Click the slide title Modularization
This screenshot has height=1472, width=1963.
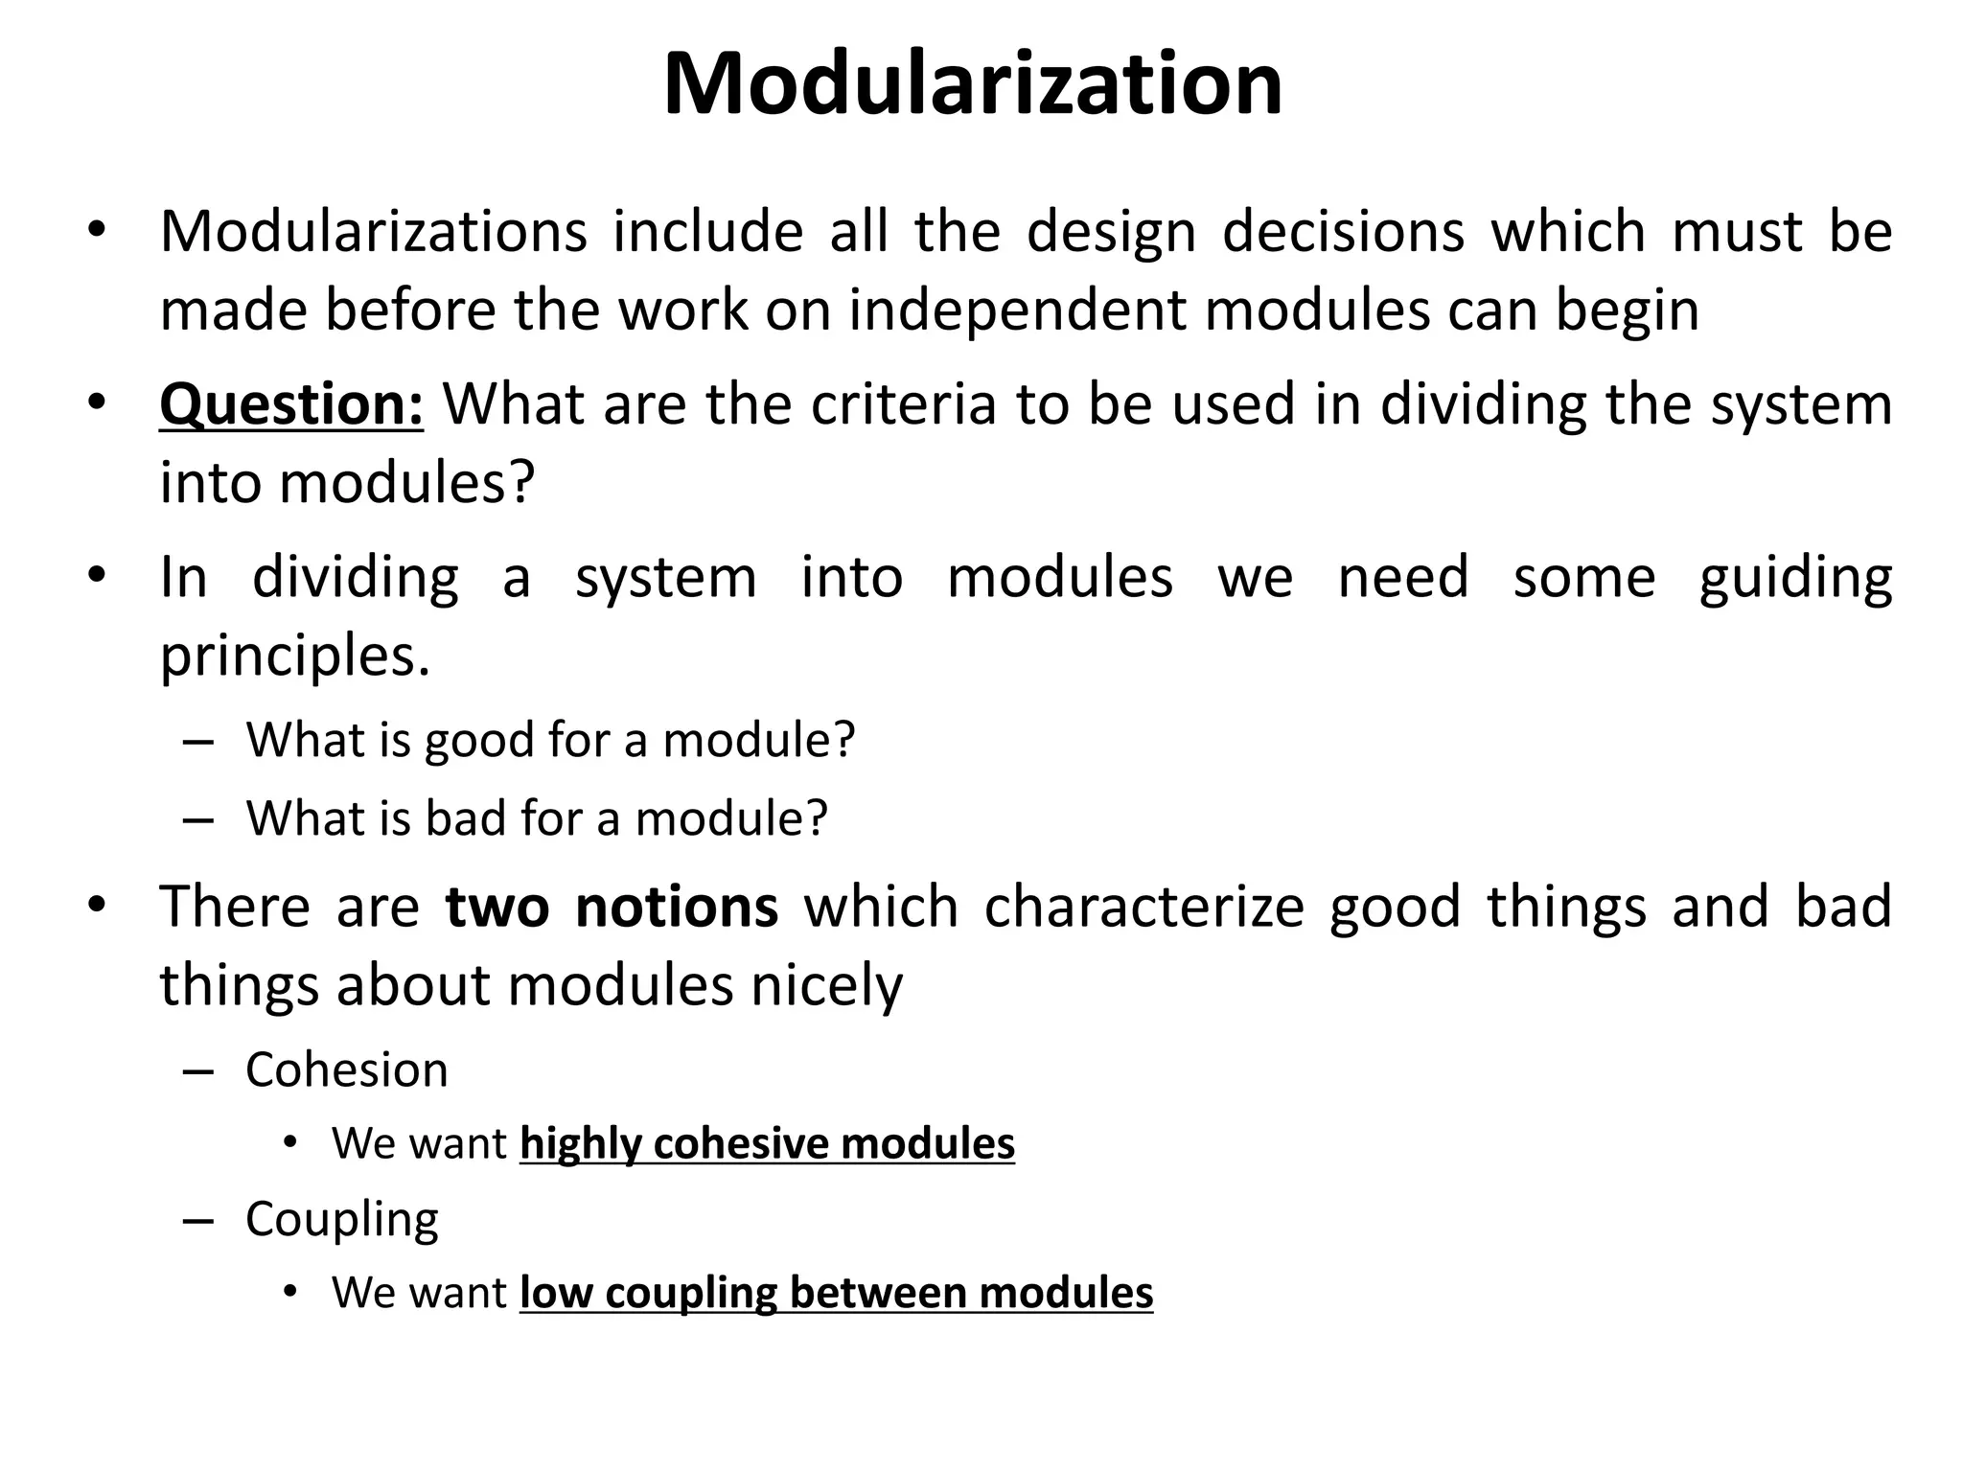point(972,85)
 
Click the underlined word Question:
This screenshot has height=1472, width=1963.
point(291,404)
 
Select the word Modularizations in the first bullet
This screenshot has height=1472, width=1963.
point(373,232)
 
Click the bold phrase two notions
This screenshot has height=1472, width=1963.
point(612,907)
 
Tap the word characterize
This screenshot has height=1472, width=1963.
point(1143,907)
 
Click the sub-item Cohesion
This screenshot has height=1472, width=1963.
point(346,1069)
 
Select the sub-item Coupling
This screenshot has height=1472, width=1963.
point(341,1220)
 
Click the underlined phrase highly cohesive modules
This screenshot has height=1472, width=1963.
point(767,1144)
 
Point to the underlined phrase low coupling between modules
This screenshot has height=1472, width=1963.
point(836,1293)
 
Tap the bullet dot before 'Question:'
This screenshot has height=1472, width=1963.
point(96,402)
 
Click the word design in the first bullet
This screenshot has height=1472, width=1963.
point(1112,232)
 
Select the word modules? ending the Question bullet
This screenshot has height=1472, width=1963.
point(406,482)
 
